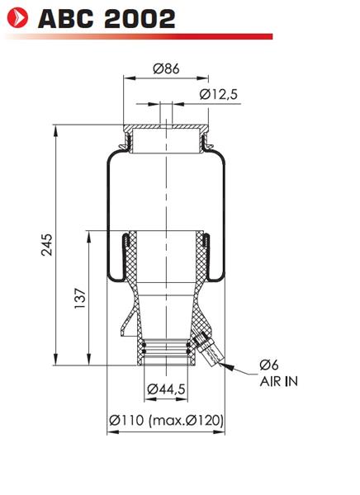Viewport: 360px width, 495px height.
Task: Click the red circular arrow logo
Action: [x=17, y=17]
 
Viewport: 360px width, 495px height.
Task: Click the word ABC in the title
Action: [x=66, y=19]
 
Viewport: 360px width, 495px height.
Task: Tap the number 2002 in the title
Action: [x=140, y=19]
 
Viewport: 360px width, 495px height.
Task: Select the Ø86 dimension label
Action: [x=166, y=68]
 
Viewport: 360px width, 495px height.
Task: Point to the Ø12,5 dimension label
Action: [x=219, y=94]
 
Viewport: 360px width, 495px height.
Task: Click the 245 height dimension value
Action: [x=47, y=245]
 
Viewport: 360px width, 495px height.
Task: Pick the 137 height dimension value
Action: [x=80, y=299]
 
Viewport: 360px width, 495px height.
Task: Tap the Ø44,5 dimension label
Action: [x=166, y=389]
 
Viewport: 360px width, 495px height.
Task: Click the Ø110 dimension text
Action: [x=126, y=420]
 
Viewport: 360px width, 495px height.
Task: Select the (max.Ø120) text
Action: [x=186, y=420]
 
